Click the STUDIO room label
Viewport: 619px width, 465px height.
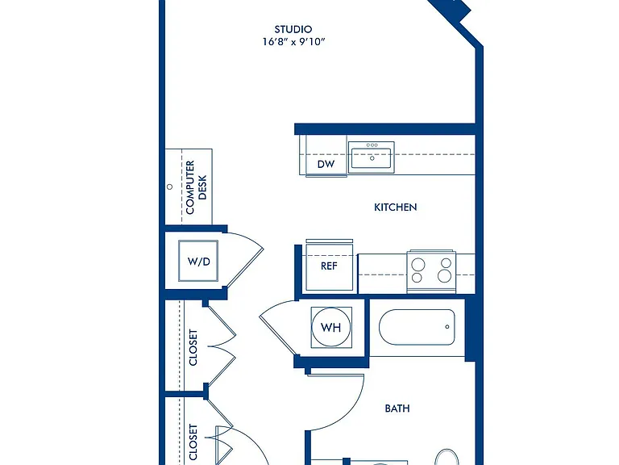(293, 29)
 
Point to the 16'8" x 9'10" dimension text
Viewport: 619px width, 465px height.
(293, 41)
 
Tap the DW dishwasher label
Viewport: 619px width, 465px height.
(326, 164)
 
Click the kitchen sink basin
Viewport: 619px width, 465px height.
(371, 157)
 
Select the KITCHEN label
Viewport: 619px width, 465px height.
(395, 207)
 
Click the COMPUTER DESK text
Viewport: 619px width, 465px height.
(196, 187)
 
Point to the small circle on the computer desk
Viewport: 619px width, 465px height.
(170, 186)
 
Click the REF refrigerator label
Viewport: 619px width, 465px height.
(329, 266)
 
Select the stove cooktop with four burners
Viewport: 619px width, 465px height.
(431, 271)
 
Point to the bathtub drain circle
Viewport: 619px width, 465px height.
(447, 327)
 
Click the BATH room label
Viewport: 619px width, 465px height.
(397, 408)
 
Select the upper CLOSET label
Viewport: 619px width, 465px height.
(193, 347)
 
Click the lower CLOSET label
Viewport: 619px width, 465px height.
(193, 442)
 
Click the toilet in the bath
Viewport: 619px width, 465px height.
(447, 457)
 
